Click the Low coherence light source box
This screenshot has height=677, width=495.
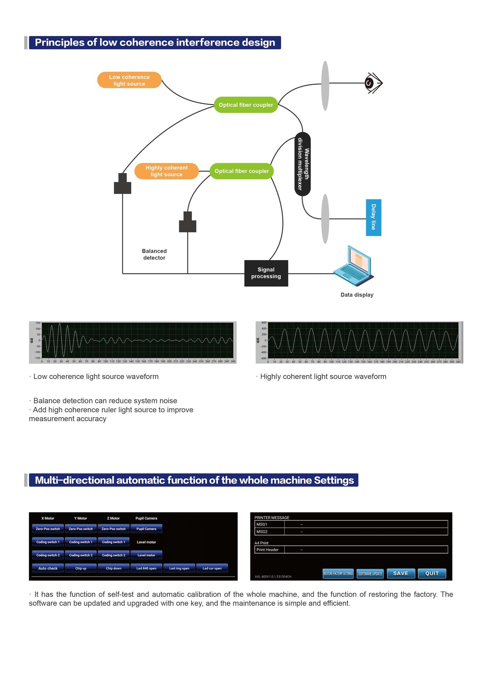click(x=129, y=80)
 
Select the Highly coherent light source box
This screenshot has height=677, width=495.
click(x=166, y=171)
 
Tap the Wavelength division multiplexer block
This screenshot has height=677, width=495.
click(x=303, y=164)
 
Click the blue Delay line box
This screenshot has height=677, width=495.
click(x=374, y=217)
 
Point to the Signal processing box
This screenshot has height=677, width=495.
click(x=266, y=273)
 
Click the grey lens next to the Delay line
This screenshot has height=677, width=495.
click(x=325, y=219)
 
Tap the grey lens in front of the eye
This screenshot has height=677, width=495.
click(x=325, y=86)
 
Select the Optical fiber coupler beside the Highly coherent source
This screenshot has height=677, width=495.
click(x=242, y=171)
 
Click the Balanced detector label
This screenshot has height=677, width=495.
click(x=154, y=254)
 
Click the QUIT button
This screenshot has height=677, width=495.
click(x=432, y=573)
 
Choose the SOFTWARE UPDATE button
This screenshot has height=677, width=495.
click(x=370, y=574)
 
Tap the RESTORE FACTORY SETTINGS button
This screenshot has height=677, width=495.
click(x=338, y=574)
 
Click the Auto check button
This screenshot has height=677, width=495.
click(x=48, y=568)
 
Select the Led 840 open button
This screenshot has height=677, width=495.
click(x=146, y=568)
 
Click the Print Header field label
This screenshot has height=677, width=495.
click(x=268, y=549)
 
